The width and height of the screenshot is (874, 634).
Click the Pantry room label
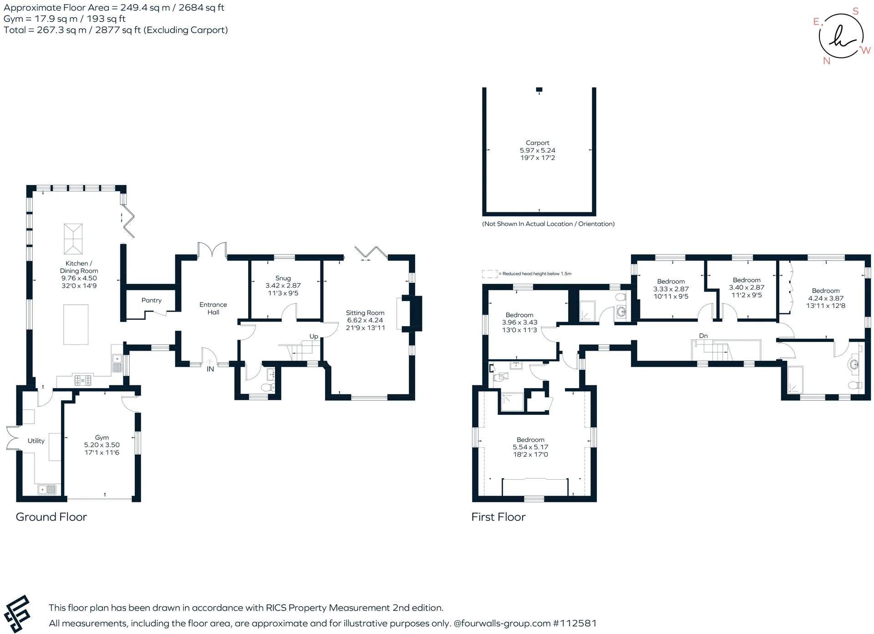tap(152, 301)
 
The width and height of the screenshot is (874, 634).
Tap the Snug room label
tap(283, 278)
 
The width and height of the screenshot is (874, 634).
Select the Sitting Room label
tap(365, 313)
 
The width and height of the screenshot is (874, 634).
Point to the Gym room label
tap(102, 438)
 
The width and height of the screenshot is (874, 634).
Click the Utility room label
tap(36, 441)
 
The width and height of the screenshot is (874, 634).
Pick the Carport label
tap(538, 143)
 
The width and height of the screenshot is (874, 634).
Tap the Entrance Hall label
tap(213, 308)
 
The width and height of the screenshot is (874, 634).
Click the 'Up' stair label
tap(314, 337)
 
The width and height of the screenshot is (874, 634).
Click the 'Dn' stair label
tap(703, 336)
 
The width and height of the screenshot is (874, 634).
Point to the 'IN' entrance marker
tap(210, 369)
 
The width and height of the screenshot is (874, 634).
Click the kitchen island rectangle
tap(76, 325)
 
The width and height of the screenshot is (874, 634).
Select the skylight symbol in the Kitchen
tap(73, 239)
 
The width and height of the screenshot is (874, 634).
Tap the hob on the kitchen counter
tap(83, 379)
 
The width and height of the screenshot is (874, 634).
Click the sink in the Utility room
tap(47, 490)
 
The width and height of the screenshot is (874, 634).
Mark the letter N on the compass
tap(827, 61)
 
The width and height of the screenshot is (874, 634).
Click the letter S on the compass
tap(855, 11)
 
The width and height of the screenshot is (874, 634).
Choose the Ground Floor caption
tap(51, 517)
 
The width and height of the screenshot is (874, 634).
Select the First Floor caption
tap(498, 517)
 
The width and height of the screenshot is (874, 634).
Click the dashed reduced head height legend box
tap(490, 274)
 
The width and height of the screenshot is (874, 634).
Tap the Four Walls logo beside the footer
tap(17, 614)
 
